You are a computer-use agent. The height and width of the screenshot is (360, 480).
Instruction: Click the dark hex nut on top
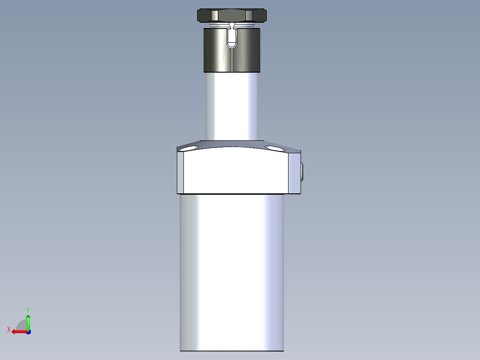(232, 15)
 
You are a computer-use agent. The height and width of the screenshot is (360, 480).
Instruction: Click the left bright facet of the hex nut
(215, 16)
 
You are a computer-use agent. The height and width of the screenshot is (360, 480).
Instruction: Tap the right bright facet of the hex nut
(249, 16)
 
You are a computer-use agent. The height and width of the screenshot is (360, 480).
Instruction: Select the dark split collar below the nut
(232, 50)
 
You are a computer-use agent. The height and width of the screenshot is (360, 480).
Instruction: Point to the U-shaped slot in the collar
(232, 39)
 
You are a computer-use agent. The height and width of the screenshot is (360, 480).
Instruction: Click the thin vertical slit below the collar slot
(232, 60)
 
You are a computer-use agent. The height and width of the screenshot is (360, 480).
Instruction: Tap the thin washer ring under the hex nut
(232, 25)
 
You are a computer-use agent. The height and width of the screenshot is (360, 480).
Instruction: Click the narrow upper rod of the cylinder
(232, 106)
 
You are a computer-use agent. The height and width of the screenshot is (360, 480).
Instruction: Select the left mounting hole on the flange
(188, 149)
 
